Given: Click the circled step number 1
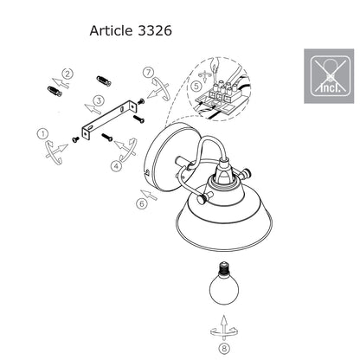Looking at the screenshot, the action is [42, 134].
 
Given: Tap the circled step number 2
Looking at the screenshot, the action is [67, 74].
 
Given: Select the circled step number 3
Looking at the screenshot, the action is [100, 100].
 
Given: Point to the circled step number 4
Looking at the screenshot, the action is [116, 166].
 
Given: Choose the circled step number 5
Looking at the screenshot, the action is [196, 86].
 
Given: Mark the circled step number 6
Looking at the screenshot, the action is [142, 203].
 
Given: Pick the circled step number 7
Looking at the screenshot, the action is [149, 72].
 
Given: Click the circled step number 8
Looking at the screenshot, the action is [224, 348].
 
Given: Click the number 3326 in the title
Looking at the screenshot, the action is [155, 30].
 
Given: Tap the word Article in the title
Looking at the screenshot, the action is [111, 30].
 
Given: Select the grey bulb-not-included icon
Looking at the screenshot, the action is [329, 76].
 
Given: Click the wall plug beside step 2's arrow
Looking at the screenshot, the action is [55, 91].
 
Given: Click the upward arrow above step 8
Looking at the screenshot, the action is [223, 327].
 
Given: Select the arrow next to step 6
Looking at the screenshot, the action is [149, 196].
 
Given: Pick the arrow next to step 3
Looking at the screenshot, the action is [93, 108].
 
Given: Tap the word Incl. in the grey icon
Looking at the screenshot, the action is [331, 87].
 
